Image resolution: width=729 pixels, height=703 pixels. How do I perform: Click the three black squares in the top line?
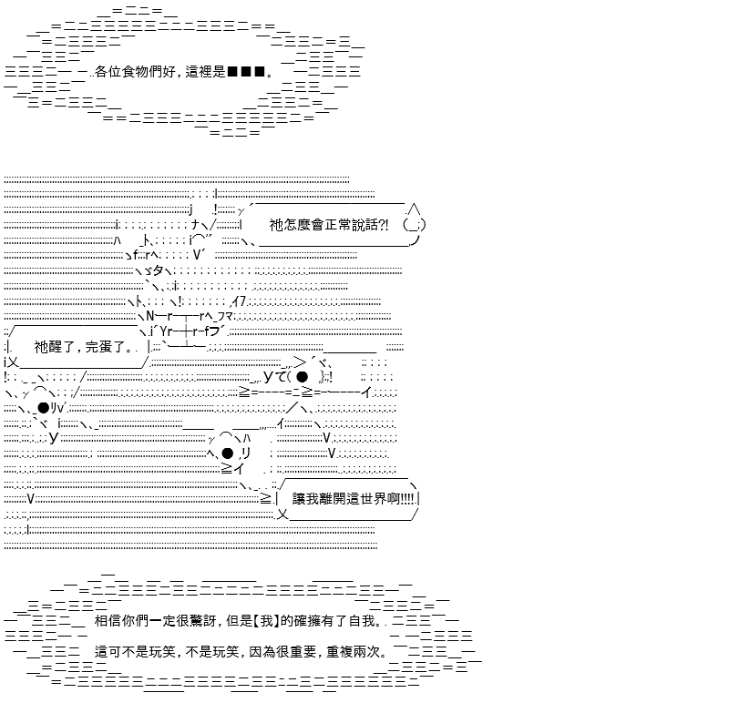coord(246,72)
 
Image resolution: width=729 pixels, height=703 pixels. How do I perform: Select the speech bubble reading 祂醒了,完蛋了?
coord(79,347)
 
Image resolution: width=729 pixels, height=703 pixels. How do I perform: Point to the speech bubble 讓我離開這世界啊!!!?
coord(350,499)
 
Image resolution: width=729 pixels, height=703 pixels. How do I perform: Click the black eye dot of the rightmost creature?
coord(302,376)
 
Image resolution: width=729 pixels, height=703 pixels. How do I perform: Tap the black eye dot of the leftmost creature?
coord(43,408)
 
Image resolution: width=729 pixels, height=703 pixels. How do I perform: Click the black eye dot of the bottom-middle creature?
coord(227,453)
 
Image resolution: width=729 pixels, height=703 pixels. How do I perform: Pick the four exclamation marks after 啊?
coord(406,499)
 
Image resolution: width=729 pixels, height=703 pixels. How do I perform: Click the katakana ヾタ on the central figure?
coord(154,270)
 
